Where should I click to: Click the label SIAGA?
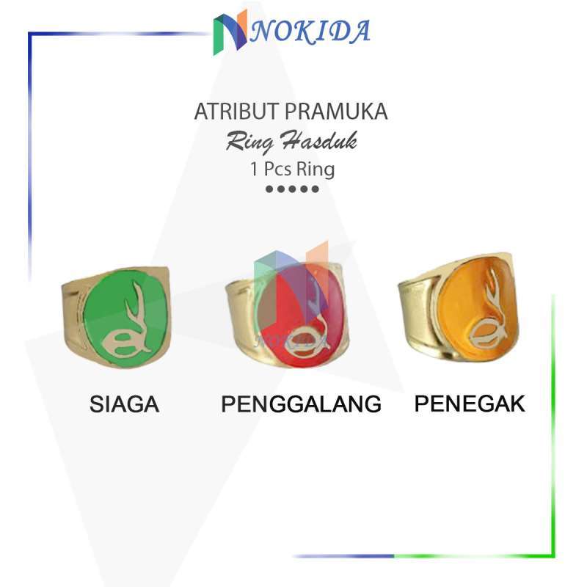pyautogui.click(x=124, y=404)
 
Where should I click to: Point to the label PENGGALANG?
pyautogui.click(x=301, y=404)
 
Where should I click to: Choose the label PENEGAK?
pyautogui.click(x=470, y=404)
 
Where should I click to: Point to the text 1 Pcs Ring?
pyautogui.click(x=292, y=169)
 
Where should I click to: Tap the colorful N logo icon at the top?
pyautogui.click(x=230, y=35)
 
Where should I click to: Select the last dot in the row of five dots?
pyautogui.click(x=316, y=189)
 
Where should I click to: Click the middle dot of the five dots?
pyautogui.click(x=293, y=189)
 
